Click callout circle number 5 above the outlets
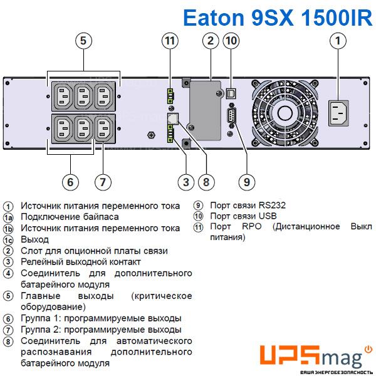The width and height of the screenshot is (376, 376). (83, 41)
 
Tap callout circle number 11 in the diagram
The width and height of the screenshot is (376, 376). (170, 41)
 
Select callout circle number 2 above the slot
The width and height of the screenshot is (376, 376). (211, 41)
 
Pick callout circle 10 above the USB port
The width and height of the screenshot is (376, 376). (231, 41)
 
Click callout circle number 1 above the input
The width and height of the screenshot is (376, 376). (338, 41)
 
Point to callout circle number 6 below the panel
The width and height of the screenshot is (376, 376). (70, 182)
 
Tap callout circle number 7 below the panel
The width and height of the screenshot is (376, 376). (103, 182)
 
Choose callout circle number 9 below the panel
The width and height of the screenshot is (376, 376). (247, 182)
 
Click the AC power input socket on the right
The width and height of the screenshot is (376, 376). (338, 113)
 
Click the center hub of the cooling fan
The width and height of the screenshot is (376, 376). (285, 113)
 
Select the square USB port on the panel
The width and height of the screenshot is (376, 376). (231, 93)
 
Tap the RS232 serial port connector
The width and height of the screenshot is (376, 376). (232, 115)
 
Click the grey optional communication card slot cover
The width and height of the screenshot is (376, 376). (206, 110)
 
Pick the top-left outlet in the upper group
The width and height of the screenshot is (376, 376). (63, 97)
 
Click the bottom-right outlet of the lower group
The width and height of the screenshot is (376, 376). (105, 128)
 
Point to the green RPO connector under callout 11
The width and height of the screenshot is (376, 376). (170, 96)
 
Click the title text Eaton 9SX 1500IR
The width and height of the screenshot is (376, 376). (278, 18)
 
